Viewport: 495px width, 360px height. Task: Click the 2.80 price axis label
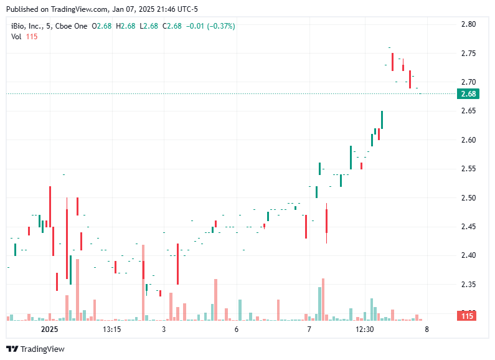(468, 24)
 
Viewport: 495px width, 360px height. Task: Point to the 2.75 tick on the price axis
(468, 54)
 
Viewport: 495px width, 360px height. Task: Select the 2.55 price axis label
(468, 169)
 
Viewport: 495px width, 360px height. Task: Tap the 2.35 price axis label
(468, 285)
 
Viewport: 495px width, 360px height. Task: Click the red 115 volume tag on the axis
(467, 316)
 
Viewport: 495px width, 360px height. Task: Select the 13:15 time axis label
(111, 329)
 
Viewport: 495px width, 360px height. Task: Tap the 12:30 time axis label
(364, 329)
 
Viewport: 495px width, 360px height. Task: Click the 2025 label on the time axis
(49, 329)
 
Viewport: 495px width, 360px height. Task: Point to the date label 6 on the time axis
(237, 329)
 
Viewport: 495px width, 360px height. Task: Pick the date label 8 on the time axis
(427, 329)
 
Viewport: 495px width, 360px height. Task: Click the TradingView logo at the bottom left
(35, 349)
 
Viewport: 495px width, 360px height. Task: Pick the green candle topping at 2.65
(382, 120)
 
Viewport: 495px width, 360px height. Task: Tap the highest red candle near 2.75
(392, 62)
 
